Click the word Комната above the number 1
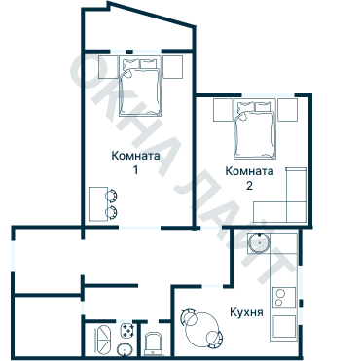pyautogui.click(x=136, y=155)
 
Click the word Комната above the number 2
pyautogui.click(x=249, y=170)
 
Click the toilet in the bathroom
pyautogui.click(x=152, y=341)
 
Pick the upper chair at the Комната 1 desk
pyautogui.click(x=112, y=195)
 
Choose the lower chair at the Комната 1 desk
pyautogui.click(x=112, y=211)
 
